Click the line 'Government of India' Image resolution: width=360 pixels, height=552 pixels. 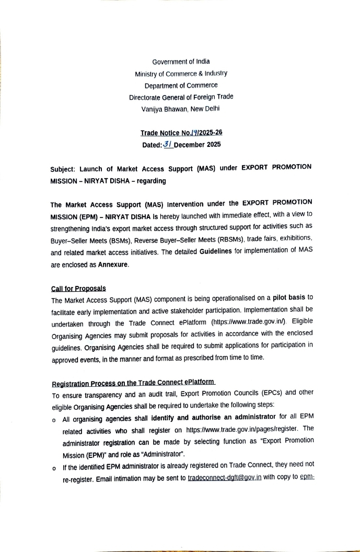pyautogui.click(x=181, y=62)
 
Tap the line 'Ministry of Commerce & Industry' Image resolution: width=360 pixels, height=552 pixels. pyautogui.click(x=181, y=74)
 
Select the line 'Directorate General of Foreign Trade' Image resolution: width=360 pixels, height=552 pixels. pyautogui.click(x=181, y=97)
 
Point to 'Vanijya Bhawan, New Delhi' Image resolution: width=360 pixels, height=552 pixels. pyautogui.click(x=181, y=109)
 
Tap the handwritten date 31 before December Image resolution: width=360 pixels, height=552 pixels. pyautogui.click(x=167, y=144)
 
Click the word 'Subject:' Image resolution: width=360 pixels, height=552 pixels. pyautogui.click(x=64, y=169)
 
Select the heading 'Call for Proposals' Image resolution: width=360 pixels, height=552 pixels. pyautogui.click(x=78, y=289)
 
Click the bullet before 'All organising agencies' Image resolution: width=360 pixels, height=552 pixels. pyautogui.click(x=54, y=420)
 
